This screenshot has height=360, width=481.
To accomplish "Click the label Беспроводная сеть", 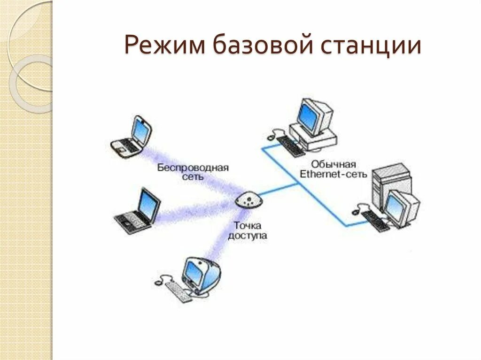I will point(193,172).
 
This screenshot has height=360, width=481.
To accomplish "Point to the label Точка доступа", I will point(247,232).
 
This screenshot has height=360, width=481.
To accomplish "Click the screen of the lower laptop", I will point(147,205).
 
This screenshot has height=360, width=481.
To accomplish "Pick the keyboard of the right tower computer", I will point(376,220).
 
